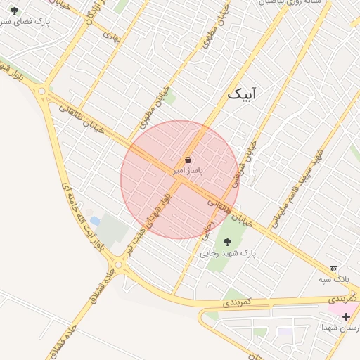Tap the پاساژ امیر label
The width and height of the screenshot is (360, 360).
coord(188,171)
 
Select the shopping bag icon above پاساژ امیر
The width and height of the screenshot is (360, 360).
coord(188,160)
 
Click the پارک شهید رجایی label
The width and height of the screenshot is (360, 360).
coord(229,252)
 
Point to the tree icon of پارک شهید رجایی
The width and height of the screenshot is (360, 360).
coord(226,241)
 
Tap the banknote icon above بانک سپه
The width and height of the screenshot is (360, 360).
coord(333,269)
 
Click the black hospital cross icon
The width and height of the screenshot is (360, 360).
coord(346,317)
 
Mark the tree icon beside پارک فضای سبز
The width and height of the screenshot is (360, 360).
coord(15,10)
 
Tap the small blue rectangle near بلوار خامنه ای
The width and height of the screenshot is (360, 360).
coord(95,222)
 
